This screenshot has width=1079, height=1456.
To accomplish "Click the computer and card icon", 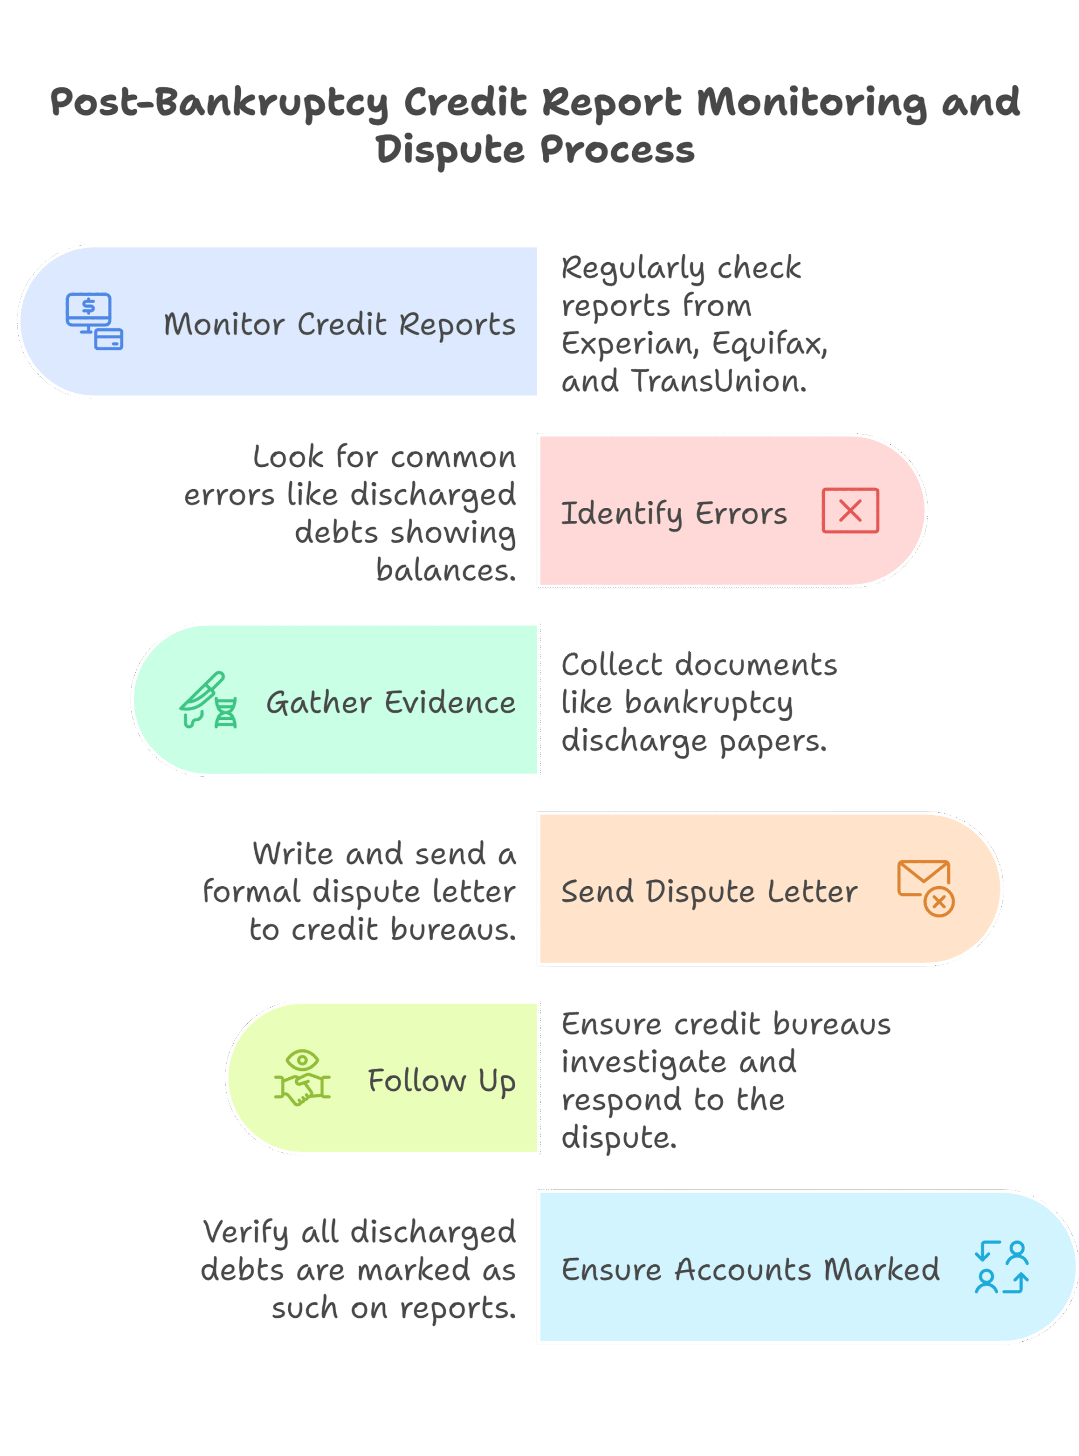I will [94, 321].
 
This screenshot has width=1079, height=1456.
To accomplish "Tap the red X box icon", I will [850, 510].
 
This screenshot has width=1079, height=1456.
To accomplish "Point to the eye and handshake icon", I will [302, 1078].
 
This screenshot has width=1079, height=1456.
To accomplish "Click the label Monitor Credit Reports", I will [339, 324].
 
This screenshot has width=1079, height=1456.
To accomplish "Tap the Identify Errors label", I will [674, 514].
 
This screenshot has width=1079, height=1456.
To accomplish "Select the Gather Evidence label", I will [391, 702].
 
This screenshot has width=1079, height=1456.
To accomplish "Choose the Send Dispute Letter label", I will [709, 891].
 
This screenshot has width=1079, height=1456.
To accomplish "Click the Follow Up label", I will [442, 1081].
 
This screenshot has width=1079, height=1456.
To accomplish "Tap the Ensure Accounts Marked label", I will [750, 1270].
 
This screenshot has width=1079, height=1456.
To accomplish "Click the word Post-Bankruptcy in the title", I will [220, 102].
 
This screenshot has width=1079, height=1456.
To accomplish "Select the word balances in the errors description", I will [446, 570].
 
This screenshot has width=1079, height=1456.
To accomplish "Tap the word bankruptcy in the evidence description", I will [709, 703].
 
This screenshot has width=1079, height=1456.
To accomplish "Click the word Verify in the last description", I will [245, 1232].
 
